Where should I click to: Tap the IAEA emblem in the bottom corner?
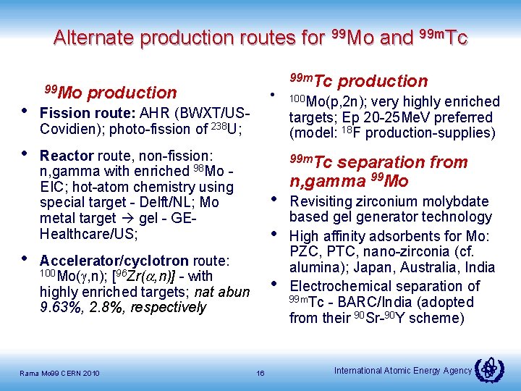489,370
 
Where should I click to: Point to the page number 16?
260,373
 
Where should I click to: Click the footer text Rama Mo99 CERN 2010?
60,373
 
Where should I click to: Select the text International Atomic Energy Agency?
403,371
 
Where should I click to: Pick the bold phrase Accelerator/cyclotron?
114,260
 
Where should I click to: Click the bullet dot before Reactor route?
25,154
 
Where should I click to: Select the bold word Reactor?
67,156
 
